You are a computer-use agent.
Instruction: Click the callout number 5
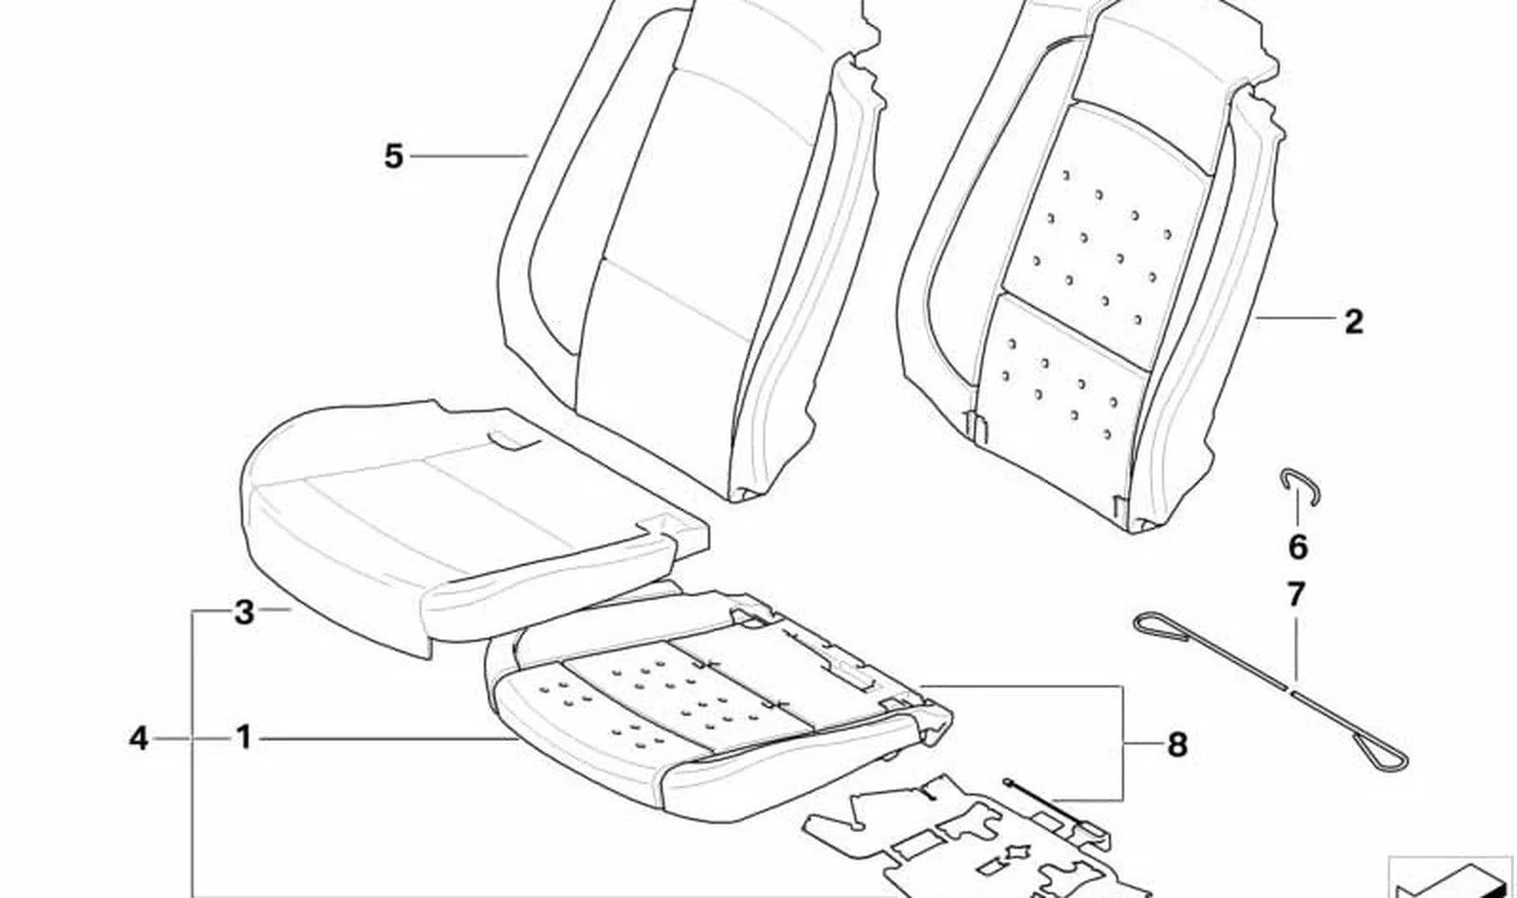coord(393,157)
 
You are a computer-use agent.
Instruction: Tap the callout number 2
coord(1353,321)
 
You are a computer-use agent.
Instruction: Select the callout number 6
coord(1297,547)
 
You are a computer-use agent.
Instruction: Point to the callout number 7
coord(1295,595)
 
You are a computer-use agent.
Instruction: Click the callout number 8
coord(1178,745)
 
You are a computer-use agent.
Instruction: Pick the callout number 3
coord(244,613)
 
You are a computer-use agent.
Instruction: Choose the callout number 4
coord(139,739)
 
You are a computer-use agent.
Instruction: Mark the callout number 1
coord(244,739)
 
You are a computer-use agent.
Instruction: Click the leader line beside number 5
coord(469,157)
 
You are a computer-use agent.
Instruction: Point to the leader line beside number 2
coord(1294,318)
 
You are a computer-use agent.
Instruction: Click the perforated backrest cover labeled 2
coord(1091,264)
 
